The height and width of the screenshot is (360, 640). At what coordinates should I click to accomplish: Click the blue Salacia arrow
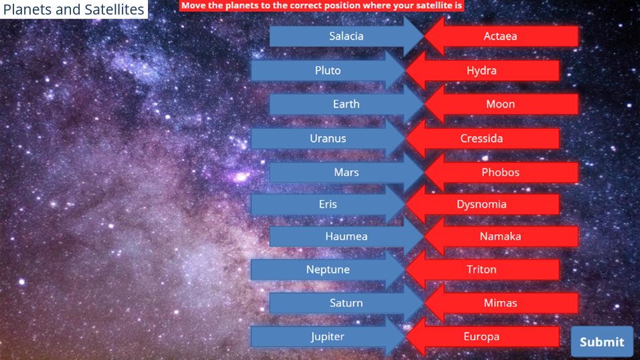pyautogui.click(x=347, y=36)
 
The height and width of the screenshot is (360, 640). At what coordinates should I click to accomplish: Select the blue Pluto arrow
pyautogui.click(x=328, y=70)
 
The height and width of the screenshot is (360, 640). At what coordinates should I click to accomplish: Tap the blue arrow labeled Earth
pyautogui.click(x=347, y=104)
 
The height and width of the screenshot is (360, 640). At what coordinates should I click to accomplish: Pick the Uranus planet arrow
pyautogui.click(x=328, y=139)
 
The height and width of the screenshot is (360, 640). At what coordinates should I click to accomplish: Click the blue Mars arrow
pyautogui.click(x=347, y=172)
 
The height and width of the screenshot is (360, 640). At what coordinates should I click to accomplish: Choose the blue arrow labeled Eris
pyautogui.click(x=328, y=204)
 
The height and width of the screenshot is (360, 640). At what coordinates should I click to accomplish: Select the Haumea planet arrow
pyautogui.click(x=347, y=236)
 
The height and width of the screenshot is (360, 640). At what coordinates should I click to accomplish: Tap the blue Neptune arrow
pyautogui.click(x=328, y=270)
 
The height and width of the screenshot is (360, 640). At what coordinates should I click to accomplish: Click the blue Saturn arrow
pyautogui.click(x=347, y=303)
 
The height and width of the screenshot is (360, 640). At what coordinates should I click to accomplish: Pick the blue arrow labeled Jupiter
pyautogui.click(x=328, y=337)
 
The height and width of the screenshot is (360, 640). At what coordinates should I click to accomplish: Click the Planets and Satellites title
pyautogui.click(x=74, y=9)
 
